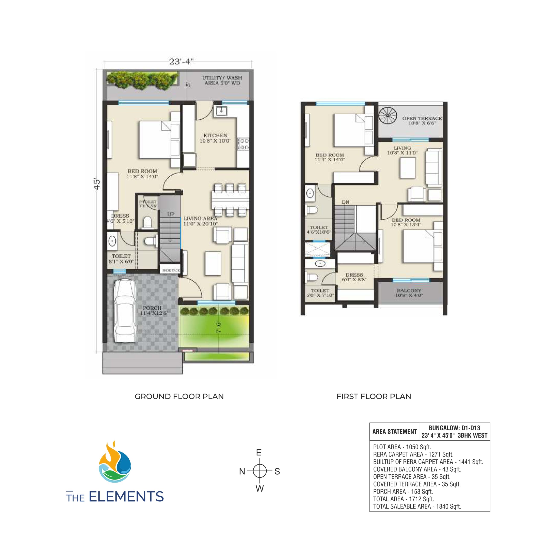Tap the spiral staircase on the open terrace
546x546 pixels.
point(388,116)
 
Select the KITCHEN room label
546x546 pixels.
point(215,136)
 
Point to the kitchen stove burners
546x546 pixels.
point(243,144)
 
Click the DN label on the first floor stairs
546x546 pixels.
point(345,202)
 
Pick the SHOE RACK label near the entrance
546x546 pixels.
point(171,270)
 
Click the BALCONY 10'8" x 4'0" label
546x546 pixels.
point(409,293)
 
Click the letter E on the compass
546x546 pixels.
point(258,452)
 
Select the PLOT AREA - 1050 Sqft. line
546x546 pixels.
point(402,447)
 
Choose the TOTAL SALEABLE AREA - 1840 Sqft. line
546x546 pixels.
point(417,506)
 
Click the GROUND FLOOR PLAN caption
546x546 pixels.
point(179,396)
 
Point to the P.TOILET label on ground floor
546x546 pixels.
point(147,202)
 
